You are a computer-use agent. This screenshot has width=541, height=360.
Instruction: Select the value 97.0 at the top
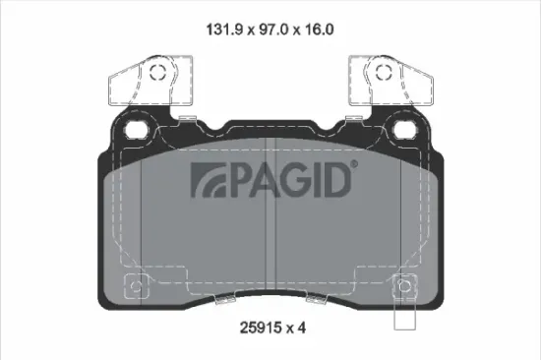(x=263, y=30)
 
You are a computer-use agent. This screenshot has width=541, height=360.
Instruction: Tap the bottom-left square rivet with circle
(x=136, y=288)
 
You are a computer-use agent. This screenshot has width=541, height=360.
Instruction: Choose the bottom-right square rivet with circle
(x=404, y=288)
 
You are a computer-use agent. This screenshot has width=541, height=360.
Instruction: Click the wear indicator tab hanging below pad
(x=404, y=317)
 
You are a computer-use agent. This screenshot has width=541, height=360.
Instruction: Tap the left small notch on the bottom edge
(x=197, y=300)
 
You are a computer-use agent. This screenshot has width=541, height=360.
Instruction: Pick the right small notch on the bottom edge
(x=344, y=300)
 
